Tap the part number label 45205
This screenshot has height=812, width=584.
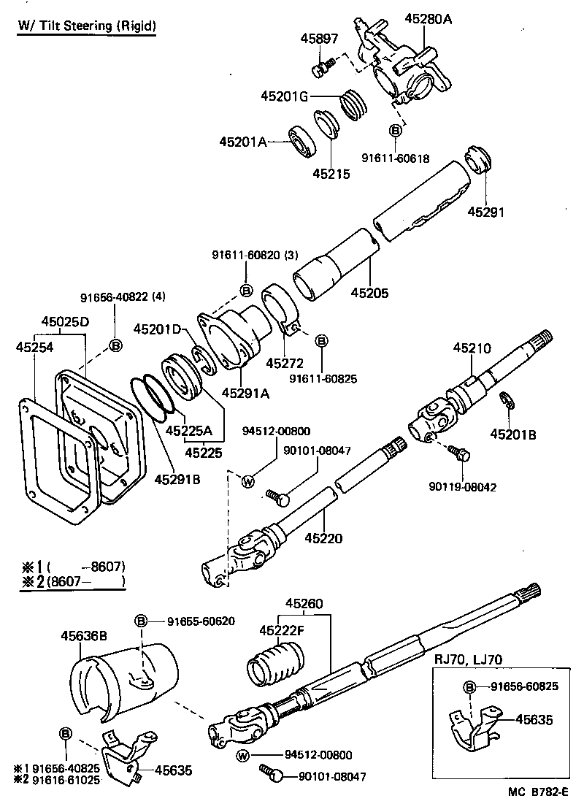[x=369, y=293]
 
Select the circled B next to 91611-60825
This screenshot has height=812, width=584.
[x=322, y=340]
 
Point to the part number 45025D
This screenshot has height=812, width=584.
[x=65, y=321]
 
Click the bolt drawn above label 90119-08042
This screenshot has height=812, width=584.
[x=459, y=453]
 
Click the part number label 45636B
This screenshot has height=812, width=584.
[x=83, y=635]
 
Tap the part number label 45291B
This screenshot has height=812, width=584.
[x=177, y=479]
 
